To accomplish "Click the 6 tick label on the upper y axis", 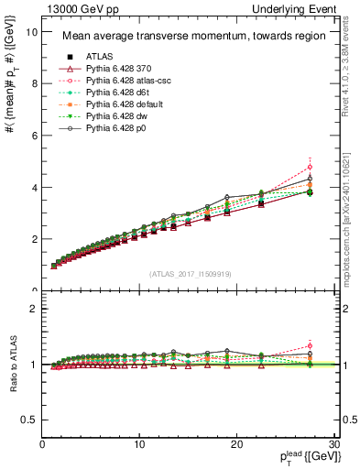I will pyautogui.click(x=34, y=135).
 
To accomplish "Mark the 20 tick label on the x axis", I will pyautogui.click(x=236, y=444).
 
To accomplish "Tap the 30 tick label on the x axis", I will pyautogui.click(x=333, y=444).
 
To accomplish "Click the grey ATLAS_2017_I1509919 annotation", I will pyautogui.click(x=190, y=274).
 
